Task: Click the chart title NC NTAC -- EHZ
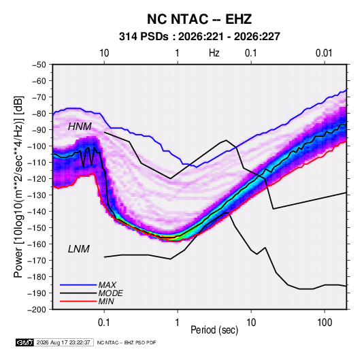(199, 19)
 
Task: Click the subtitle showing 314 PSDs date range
(199, 37)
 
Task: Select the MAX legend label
(107, 285)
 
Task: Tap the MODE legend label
(110, 293)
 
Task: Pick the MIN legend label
(106, 301)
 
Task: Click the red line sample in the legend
(78, 301)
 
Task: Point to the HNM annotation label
(80, 127)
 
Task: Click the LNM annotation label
(79, 249)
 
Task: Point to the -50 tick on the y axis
(39, 65)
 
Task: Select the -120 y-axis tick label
(37, 179)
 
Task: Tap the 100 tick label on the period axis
(325, 323)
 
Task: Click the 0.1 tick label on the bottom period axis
(104, 323)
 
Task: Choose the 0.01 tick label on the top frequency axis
(324, 53)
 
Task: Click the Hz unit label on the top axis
(214, 53)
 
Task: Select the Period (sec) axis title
(214, 330)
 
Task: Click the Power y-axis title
(18, 186)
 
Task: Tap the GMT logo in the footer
(25, 342)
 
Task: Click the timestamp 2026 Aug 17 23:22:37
(63, 342)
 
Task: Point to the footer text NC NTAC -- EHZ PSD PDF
(127, 342)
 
